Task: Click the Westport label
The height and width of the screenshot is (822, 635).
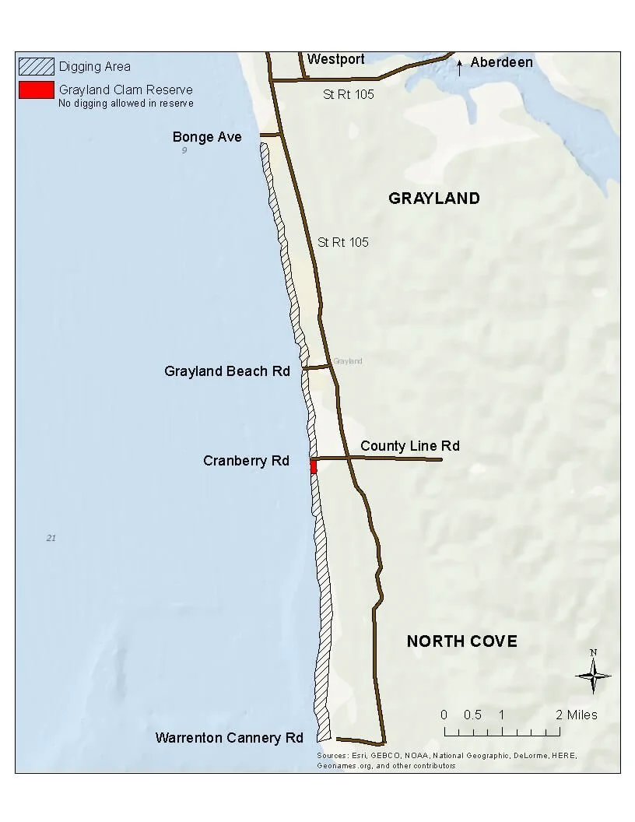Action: [x=335, y=59]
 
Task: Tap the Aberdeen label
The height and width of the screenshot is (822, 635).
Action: [x=501, y=62]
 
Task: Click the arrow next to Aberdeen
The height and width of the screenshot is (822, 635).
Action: [x=460, y=67]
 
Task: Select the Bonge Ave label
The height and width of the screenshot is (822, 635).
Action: [x=207, y=137]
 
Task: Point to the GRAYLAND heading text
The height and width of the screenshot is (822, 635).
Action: [x=433, y=198]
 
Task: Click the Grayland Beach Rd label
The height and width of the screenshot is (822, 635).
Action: [x=226, y=371]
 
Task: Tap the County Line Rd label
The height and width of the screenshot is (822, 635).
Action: [x=409, y=446]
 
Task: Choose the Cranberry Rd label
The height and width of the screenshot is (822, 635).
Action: [x=246, y=461]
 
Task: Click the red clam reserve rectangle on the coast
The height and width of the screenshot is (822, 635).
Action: [x=314, y=466]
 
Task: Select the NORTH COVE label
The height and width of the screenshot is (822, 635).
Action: [x=461, y=641]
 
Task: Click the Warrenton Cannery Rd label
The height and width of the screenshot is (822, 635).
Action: [x=229, y=737]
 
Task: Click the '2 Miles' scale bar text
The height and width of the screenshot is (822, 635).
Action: [x=576, y=715]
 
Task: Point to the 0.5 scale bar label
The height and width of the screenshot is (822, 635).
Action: [x=472, y=715]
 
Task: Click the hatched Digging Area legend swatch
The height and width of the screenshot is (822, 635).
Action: [x=37, y=66]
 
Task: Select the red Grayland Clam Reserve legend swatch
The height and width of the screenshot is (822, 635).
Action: [x=37, y=90]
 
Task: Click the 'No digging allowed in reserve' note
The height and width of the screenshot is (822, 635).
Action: [x=125, y=103]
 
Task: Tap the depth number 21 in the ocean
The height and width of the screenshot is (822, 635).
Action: [x=51, y=538]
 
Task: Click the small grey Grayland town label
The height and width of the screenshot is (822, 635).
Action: [x=347, y=361]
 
